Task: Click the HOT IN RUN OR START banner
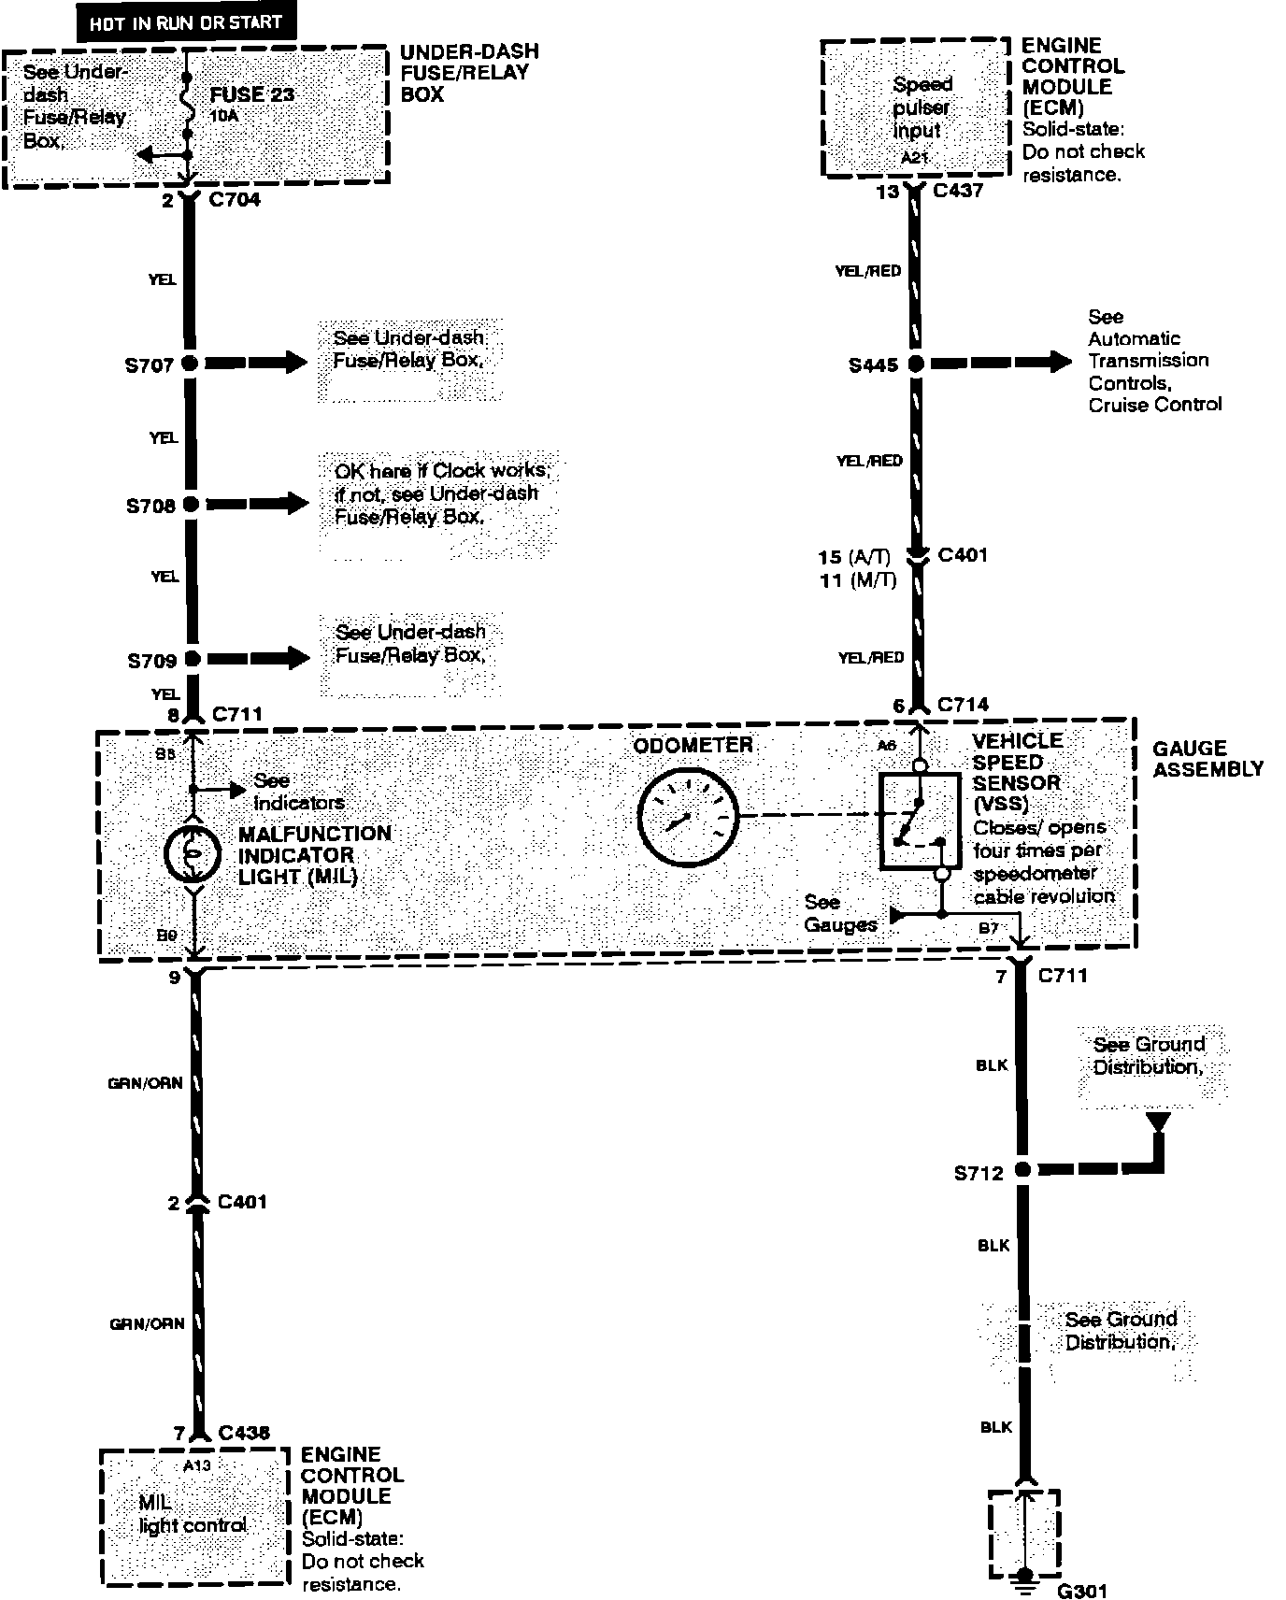186,22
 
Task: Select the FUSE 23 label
251,94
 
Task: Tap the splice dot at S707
190,364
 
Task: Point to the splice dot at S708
191,505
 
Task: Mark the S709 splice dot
192,659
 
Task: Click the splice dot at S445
916,364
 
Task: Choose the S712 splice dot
1022,1169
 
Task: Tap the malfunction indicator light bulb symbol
192,852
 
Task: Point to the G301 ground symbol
1025,1576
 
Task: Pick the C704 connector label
236,199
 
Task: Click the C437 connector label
958,191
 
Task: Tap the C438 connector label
244,1433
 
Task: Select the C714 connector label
963,704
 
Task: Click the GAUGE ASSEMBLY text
1207,758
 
